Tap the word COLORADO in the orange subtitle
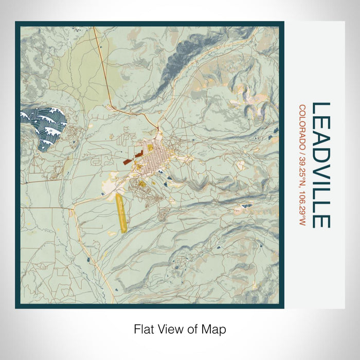click(302, 125)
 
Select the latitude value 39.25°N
click(302, 172)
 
